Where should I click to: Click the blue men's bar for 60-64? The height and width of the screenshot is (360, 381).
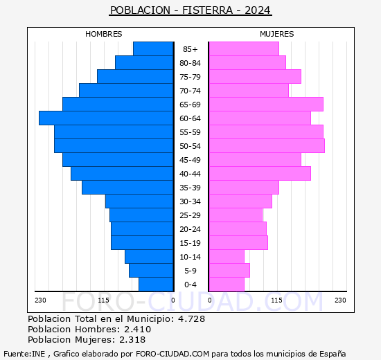106,118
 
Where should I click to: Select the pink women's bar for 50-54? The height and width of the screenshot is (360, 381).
266,146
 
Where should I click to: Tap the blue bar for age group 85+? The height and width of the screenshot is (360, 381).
153,49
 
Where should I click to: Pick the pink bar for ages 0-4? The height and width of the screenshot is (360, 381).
227,285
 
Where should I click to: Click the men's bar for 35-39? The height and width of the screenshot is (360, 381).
127,188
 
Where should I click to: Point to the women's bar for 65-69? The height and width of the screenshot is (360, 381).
265,105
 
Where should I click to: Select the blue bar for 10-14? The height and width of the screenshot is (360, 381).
149,257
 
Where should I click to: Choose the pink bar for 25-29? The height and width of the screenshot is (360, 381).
236,215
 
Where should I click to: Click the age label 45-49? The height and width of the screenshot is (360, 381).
190,160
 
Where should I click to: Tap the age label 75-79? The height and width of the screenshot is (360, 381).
190,77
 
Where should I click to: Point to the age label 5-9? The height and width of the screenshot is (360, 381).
190,271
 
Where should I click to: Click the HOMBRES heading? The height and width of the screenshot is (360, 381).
104,34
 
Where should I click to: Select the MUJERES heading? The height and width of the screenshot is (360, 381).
276,34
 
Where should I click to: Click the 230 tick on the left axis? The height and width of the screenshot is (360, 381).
40,300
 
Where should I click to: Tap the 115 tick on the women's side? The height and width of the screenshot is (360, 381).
276,300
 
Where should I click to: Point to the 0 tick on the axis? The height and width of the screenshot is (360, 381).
173,300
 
